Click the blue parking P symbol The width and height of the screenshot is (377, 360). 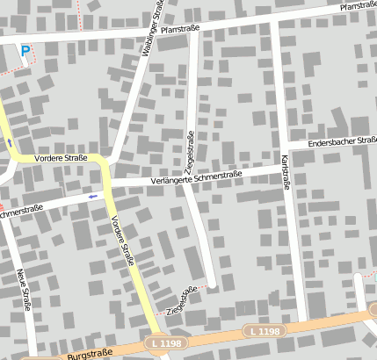click(25, 51)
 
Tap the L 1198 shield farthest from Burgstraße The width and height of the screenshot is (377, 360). click(264, 331)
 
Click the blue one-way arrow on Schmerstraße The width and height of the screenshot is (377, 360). click(93, 197)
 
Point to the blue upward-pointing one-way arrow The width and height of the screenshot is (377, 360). click(9, 141)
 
